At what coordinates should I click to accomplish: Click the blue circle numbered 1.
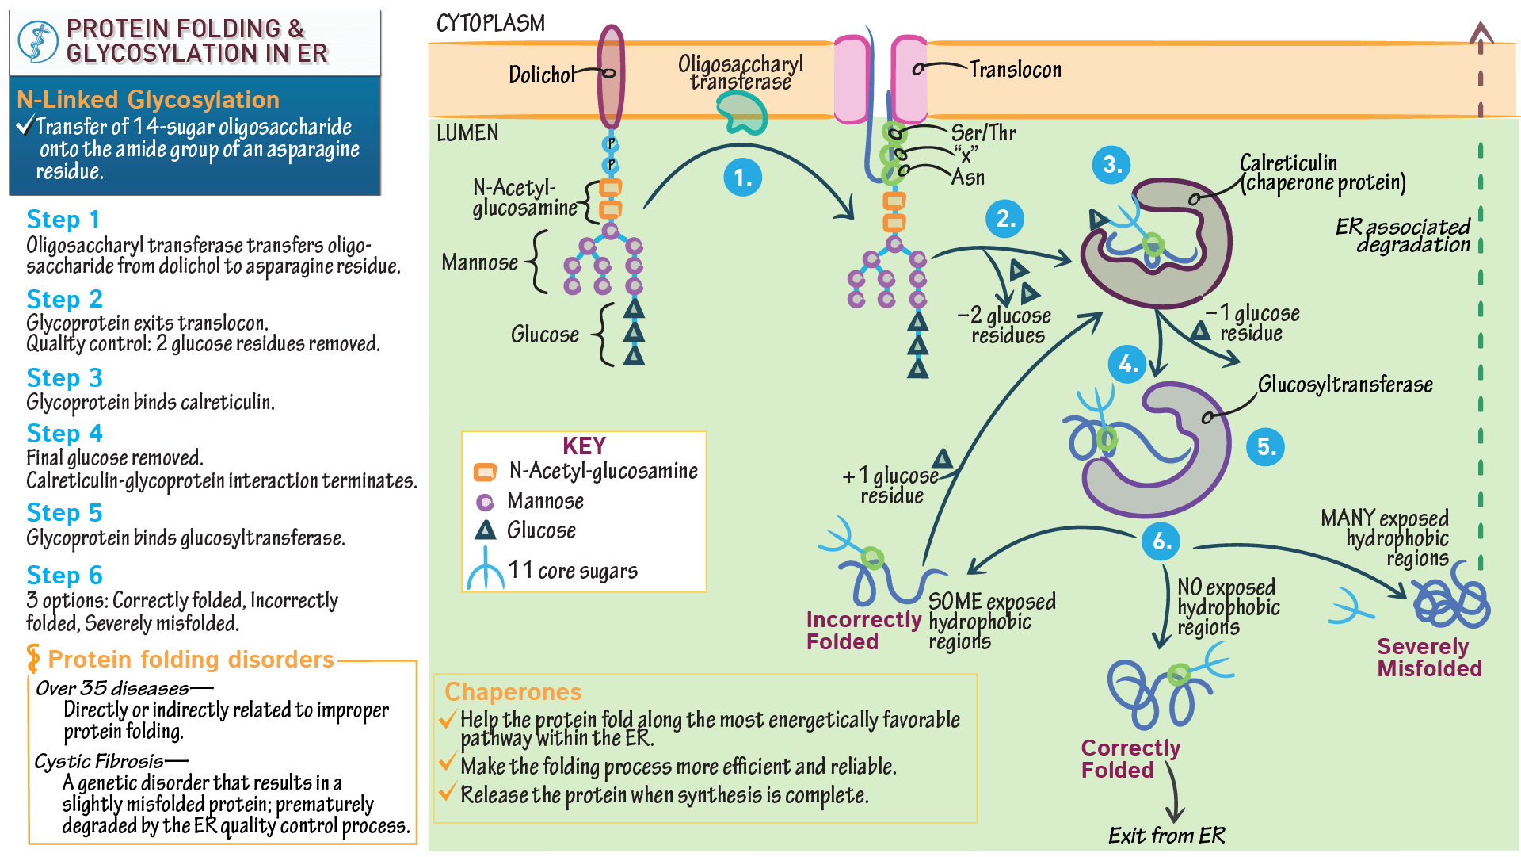(x=742, y=178)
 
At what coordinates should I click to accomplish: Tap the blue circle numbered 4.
(x=1127, y=365)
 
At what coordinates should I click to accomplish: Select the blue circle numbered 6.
(x=1161, y=541)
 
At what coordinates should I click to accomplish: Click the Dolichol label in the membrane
(x=541, y=75)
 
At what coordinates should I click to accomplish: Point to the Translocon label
(x=1015, y=70)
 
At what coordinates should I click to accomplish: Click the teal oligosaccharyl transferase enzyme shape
(x=742, y=112)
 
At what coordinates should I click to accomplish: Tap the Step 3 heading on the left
(x=64, y=378)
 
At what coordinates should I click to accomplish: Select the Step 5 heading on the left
(x=64, y=513)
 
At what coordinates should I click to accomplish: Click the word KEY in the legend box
(x=584, y=446)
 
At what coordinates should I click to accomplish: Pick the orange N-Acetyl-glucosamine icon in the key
(x=485, y=472)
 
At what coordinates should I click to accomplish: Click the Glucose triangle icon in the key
(x=485, y=530)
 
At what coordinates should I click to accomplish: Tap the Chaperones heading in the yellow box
(x=513, y=692)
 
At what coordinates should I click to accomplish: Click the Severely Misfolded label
(x=1428, y=658)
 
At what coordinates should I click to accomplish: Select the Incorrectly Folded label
(x=863, y=631)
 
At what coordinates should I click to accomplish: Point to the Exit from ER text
(x=1166, y=836)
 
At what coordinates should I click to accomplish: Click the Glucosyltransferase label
(x=1345, y=385)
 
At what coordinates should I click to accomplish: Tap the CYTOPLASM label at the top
(x=490, y=23)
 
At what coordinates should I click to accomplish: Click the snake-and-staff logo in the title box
(x=38, y=42)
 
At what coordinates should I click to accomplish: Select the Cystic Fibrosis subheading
(x=99, y=762)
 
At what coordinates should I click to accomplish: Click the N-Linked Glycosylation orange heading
(x=148, y=100)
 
